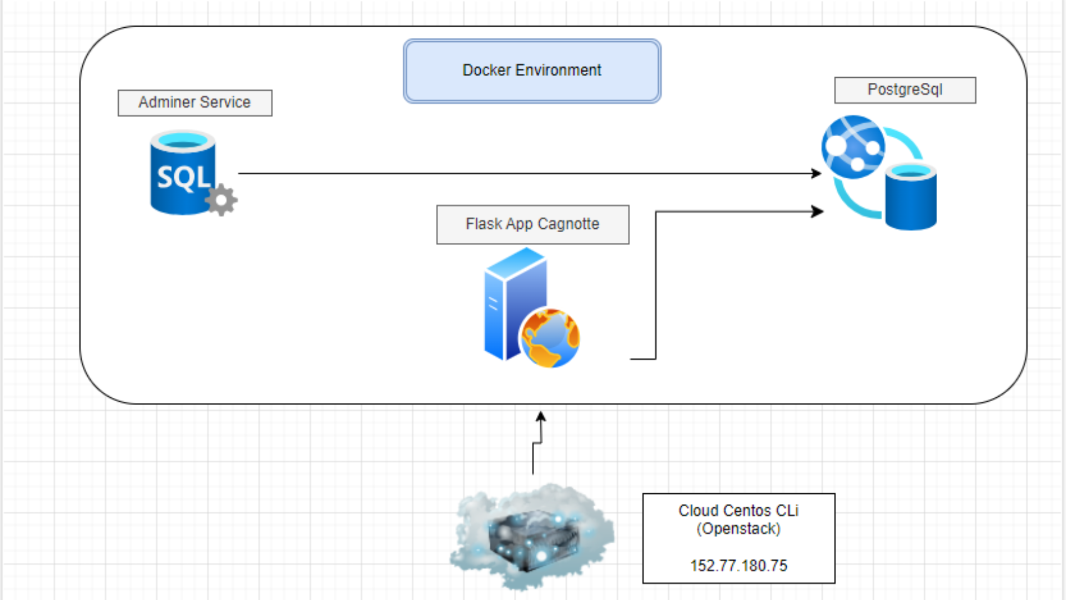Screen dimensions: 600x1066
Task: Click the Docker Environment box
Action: [x=532, y=71]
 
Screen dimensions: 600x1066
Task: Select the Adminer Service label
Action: [x=195, y=103]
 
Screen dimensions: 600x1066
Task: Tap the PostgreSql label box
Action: [x=905, y=90]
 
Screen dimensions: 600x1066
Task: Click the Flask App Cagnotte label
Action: [x=532, y=224]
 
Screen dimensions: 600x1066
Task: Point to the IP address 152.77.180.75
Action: [x=738, y=566]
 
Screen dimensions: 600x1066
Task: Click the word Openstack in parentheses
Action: [x=738, y=529]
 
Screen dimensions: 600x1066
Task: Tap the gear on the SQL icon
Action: [x=222, y=199]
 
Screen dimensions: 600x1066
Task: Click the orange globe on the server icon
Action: [x=550, y=338]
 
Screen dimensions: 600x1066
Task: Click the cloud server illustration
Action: [x=532, y=536]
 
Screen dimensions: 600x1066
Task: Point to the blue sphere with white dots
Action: [x=853, y=147]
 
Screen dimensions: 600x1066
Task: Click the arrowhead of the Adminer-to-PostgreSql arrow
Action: [x=817, y=173]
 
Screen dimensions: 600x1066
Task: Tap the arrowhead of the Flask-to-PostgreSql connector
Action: [x=818, y=212]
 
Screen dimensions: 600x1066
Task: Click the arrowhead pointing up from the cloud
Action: [x=541, y=416]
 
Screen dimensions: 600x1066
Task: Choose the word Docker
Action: [x=487, y=71]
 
